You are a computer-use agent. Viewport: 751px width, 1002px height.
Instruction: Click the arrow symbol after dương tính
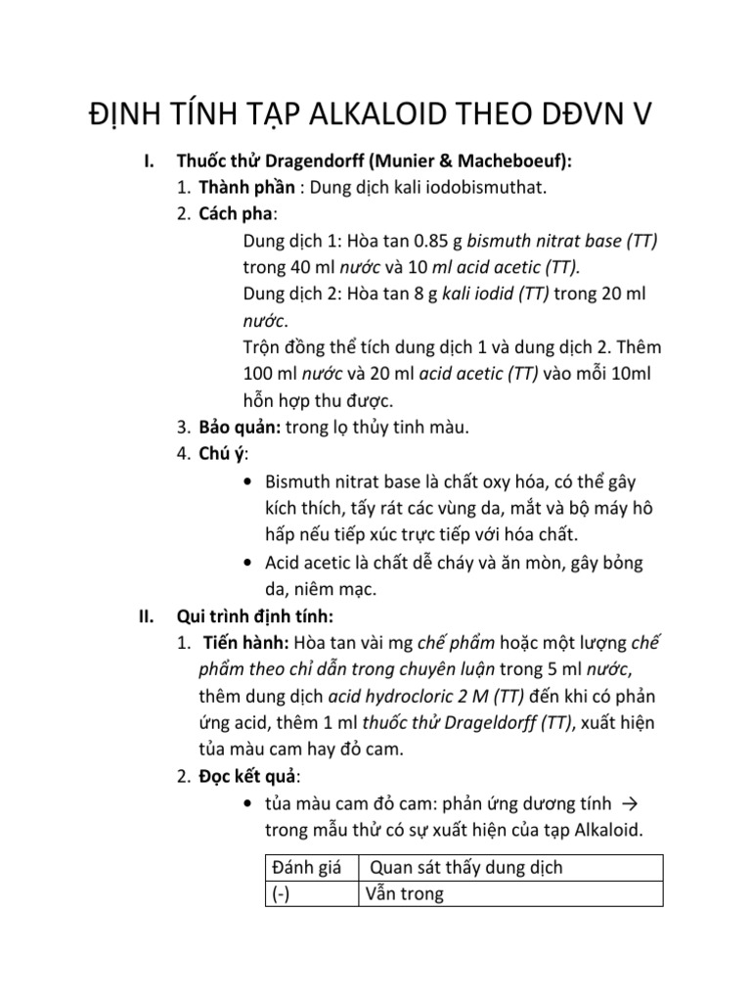(630, 804)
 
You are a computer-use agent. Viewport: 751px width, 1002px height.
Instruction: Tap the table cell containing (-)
(283, 893)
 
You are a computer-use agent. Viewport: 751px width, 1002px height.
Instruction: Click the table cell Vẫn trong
(405, 893)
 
